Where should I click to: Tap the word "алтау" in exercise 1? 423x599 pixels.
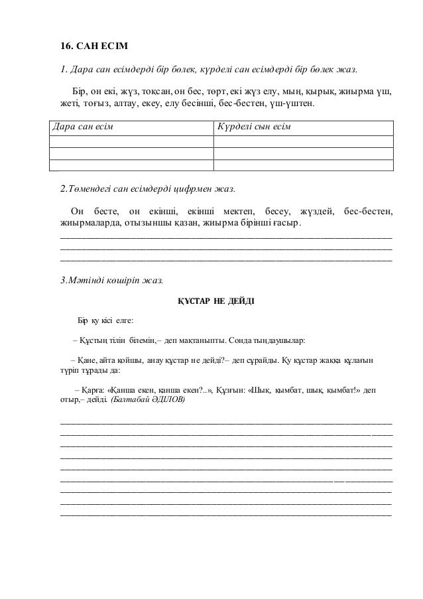127,104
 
